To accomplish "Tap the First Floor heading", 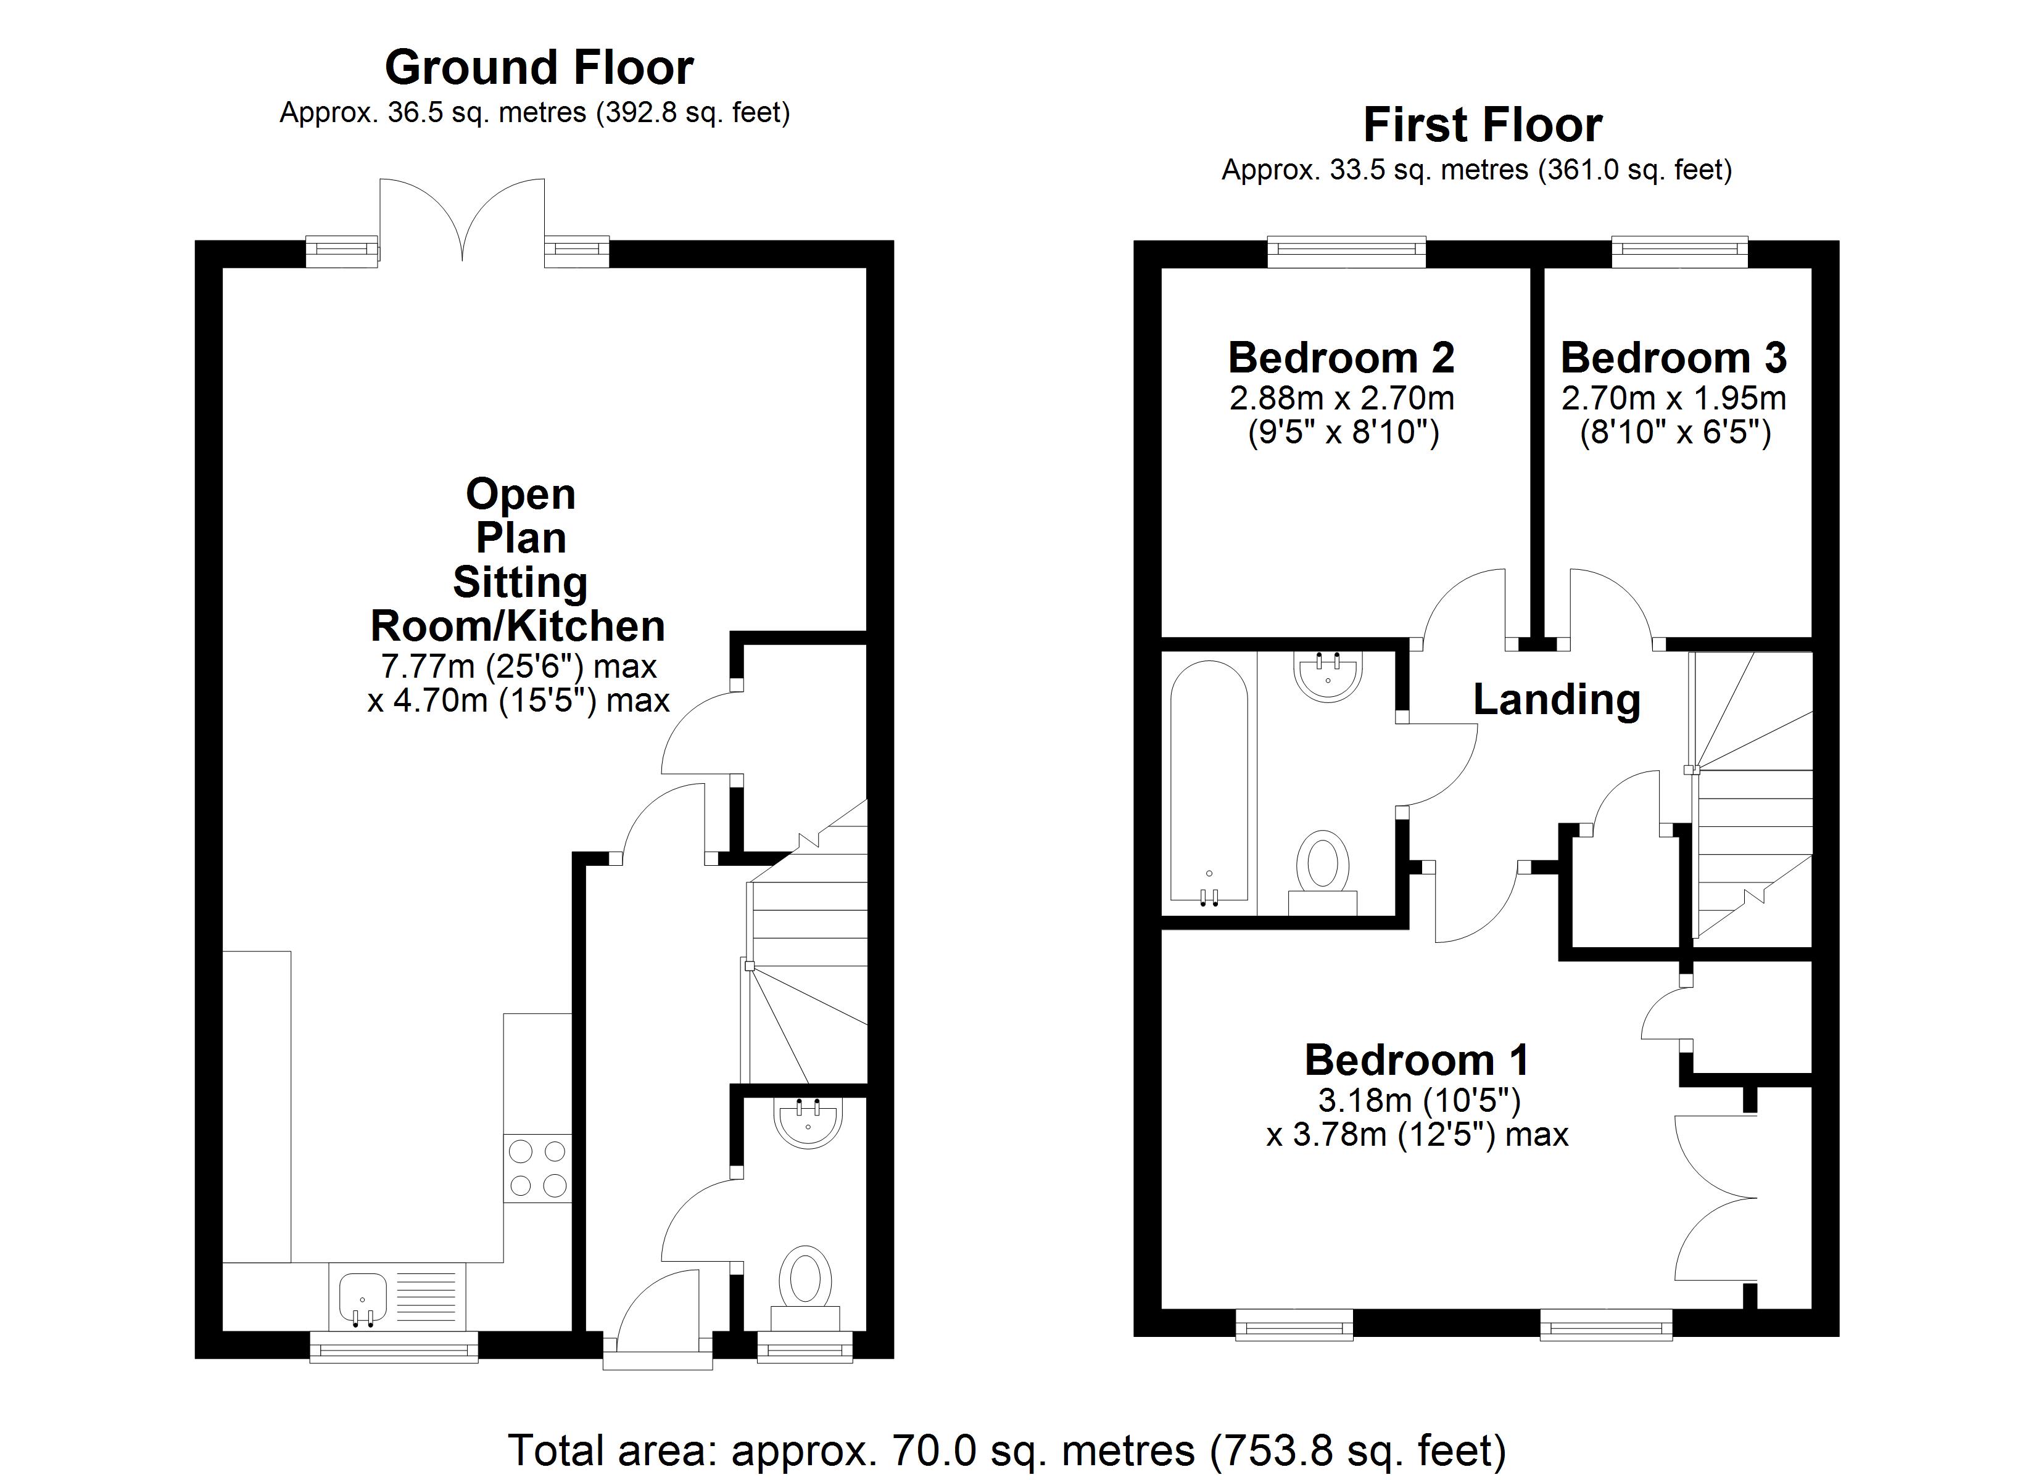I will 1482,125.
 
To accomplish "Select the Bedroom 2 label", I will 1341,358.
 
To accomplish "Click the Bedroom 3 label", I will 1673,358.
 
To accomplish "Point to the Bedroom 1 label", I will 1417,1060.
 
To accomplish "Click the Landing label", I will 1557,699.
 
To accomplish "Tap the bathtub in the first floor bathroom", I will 1209,781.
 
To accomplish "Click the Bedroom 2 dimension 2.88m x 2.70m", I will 1341,398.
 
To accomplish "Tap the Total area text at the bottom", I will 1006,1450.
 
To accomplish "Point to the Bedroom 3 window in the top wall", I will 1679,252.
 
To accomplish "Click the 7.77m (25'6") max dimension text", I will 519,667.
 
